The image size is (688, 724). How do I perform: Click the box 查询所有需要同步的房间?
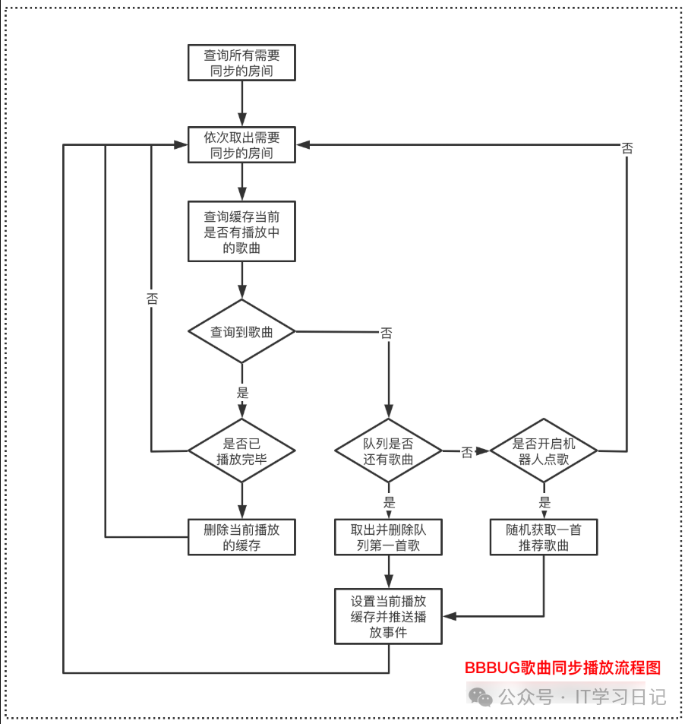tap(241, 62)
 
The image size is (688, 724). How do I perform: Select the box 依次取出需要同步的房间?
tap(241, 144)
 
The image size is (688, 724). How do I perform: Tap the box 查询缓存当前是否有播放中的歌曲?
tap(241, 231)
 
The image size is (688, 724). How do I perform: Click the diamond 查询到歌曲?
tap(241, 331)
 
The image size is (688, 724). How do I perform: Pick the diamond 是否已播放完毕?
tap(241, 451)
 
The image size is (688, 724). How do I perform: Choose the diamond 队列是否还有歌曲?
tap(388, 451)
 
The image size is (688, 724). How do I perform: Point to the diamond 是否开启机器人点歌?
tap(544, 451)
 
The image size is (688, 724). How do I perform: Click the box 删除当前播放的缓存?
tap(241, 537)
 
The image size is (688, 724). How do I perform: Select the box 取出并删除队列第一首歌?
tap(388, 537)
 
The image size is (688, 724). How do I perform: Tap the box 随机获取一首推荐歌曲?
tap(544, 537)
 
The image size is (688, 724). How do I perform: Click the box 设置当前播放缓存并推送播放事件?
tap(388, 616)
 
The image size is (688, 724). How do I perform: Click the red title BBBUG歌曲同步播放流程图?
tap(563, 668)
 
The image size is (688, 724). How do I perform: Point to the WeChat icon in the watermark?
tap(479, 696)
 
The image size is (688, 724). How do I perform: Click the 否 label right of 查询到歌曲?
tap(387, 333)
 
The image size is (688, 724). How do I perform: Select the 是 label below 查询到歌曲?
tap(242, 393)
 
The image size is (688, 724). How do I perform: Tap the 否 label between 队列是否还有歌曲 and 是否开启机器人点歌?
tap(466, 452)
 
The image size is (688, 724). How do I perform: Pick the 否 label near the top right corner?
tap(627, 148)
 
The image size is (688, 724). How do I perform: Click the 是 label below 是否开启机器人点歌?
tap(544, 502)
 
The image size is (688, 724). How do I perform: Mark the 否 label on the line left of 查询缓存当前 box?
tap(152, 299)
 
